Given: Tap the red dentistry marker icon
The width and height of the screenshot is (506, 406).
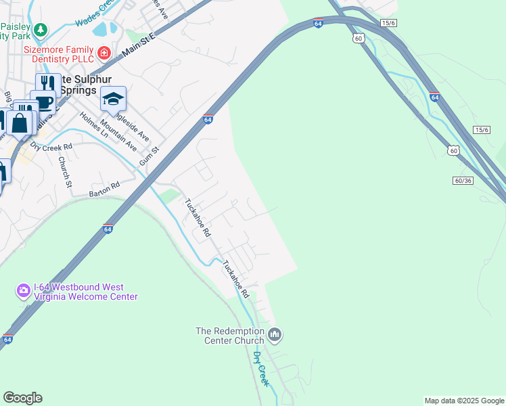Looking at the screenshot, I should [x=103, y=53].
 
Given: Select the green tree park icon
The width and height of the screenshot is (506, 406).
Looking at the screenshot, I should [x=41, y=30].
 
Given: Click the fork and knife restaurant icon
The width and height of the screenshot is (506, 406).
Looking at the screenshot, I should [x=47, y=83].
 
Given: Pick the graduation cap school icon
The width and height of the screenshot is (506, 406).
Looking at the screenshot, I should [x=113, y=99].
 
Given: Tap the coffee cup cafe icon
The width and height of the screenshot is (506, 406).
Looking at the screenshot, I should [x=43, y=102].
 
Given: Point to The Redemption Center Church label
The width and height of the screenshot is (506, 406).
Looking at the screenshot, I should [x=230, y=335].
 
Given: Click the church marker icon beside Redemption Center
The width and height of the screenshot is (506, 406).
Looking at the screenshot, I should [x=275, y=334].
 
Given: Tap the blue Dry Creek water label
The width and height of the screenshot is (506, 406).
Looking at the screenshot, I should [x=261, y=369].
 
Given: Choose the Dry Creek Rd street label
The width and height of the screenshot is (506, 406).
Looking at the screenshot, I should [x=51, y=147].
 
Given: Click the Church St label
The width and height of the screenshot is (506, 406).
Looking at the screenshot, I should [x=64, y=171].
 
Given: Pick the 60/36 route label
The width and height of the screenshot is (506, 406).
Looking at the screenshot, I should [x=463, y=180].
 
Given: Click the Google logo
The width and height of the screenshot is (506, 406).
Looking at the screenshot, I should [x=22, y=398].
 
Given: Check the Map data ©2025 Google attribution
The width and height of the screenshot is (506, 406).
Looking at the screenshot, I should [x=464, y=401].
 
